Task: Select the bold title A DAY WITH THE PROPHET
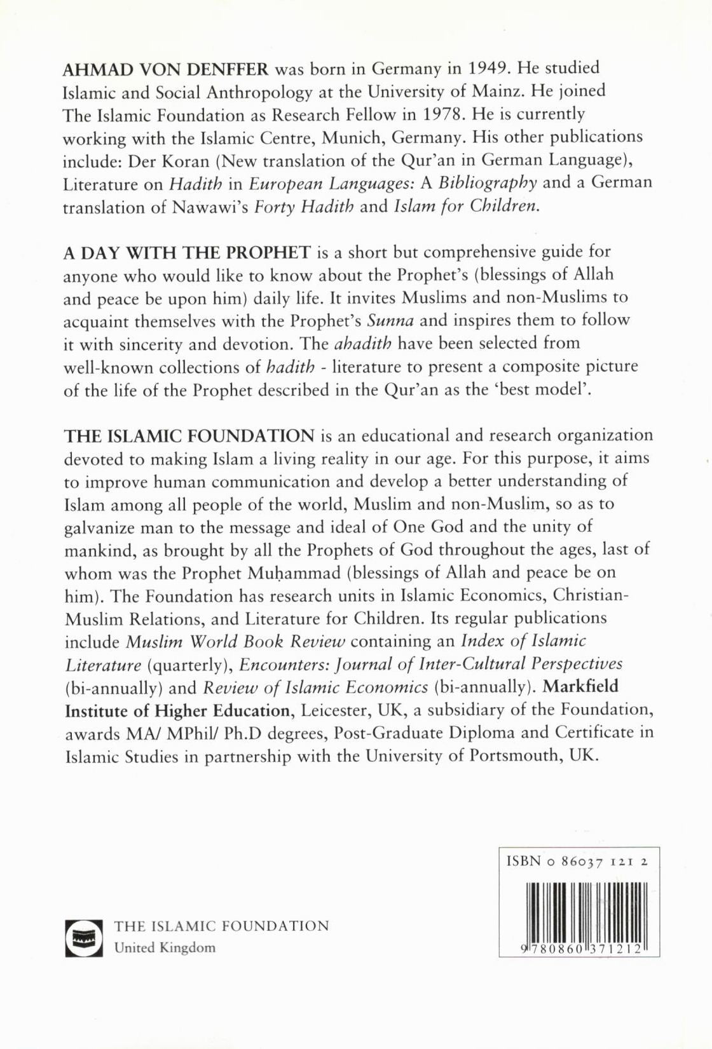[187, 252]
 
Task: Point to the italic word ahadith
[362, 344]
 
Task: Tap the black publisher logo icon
[83, 938]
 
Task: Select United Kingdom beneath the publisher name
[165, 947]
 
